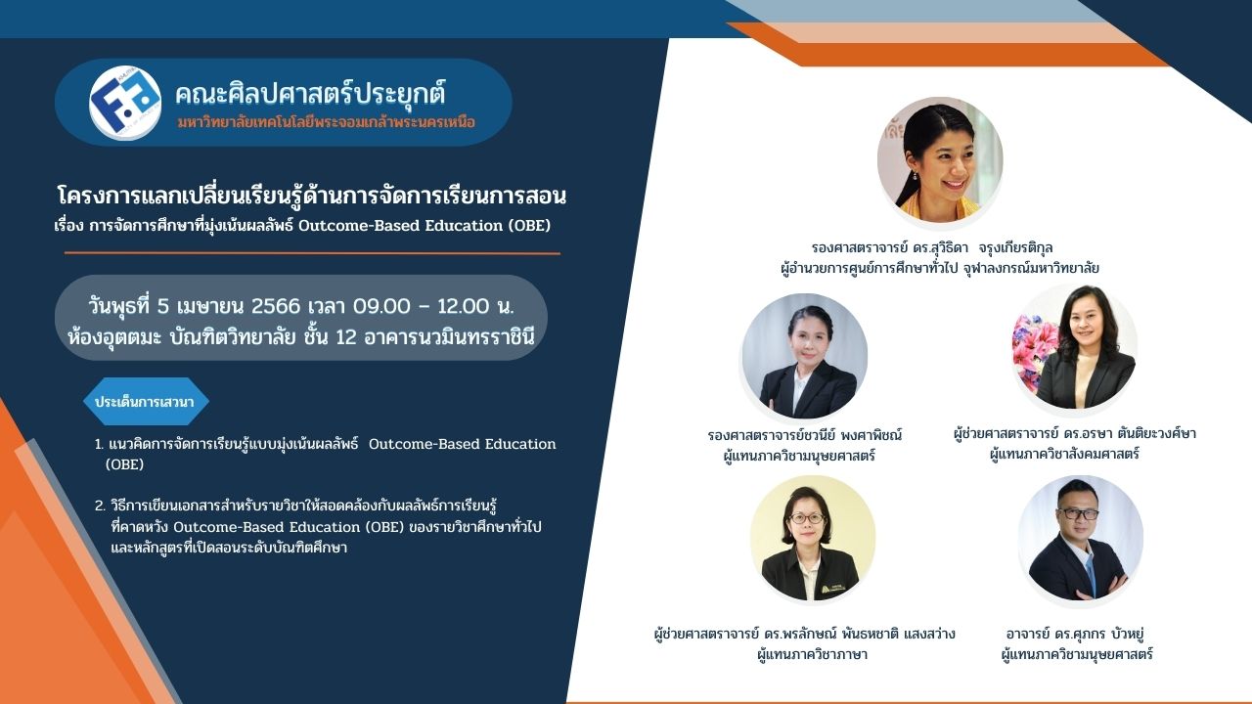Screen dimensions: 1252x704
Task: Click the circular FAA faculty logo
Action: [125, 103]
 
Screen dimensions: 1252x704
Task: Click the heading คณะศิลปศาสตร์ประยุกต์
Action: [310, 94]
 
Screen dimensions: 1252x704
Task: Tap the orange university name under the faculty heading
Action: [327, 122]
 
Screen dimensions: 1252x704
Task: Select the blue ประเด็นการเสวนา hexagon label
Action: [146, 401]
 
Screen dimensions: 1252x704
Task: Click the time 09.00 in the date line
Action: [381, 306]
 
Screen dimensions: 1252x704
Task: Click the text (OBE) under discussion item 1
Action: [124, 464]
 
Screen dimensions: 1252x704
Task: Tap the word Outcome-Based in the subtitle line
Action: [358, 226]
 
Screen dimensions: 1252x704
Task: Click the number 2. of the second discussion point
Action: [100, 506]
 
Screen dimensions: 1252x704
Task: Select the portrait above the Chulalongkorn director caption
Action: [940, 159]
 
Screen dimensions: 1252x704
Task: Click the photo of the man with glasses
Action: [1080, 539]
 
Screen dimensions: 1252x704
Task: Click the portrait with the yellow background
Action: [812, 539]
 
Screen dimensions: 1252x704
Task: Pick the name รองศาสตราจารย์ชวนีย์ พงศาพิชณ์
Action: [804, 435]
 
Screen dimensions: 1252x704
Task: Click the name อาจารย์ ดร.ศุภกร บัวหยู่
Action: [1075, 635]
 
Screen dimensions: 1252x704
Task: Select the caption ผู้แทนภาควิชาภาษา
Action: [812, 654]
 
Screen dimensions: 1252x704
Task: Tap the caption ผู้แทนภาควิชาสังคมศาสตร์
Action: [1064, 454]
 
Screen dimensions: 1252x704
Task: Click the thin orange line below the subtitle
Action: [312, 253]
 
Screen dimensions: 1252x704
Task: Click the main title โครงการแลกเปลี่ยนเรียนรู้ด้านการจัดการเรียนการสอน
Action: [312, 196]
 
